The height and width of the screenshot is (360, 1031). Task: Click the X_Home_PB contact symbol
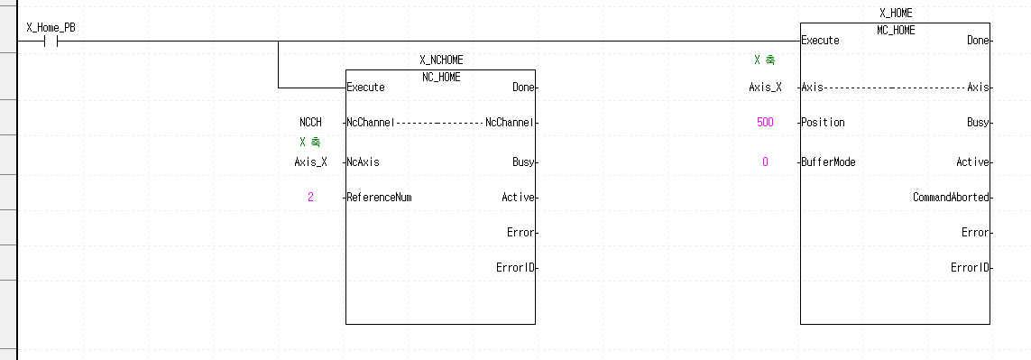click(x=51, y=41)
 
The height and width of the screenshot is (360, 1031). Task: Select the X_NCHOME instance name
click(x=441, y=60)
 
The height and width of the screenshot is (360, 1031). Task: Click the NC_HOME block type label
click(x=441, y=77)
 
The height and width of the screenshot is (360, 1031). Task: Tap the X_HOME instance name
click(x=896, y=13)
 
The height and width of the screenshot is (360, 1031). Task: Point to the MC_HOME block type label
click(x=896, y=30)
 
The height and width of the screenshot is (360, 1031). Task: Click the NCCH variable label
click(x=310, y=122)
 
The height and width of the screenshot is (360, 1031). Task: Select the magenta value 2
click(x=310, y=197)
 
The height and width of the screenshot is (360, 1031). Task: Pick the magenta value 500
click(x=765, y=122)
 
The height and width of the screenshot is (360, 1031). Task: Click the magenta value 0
click(x=765, y=162)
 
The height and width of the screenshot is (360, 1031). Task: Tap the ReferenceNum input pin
click(x=380, y=197)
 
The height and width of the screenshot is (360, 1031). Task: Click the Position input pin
click(x=824, y=122)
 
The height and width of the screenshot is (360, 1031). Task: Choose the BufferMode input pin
click(x=829, y=162)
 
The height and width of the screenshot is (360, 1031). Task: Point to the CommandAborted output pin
click(x=951, y=197)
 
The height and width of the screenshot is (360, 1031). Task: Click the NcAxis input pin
click(x=365, y=162)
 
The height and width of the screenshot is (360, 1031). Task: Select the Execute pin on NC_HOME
click(x=366, y=88)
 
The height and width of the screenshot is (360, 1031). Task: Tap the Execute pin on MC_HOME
click(x=821, y=41)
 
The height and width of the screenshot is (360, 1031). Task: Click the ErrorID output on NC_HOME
click(x=517, y=267)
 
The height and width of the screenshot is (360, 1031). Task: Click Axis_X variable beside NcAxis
click(x=310, y=162)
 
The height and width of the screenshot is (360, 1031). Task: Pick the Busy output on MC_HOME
click(x=978, y=122)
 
